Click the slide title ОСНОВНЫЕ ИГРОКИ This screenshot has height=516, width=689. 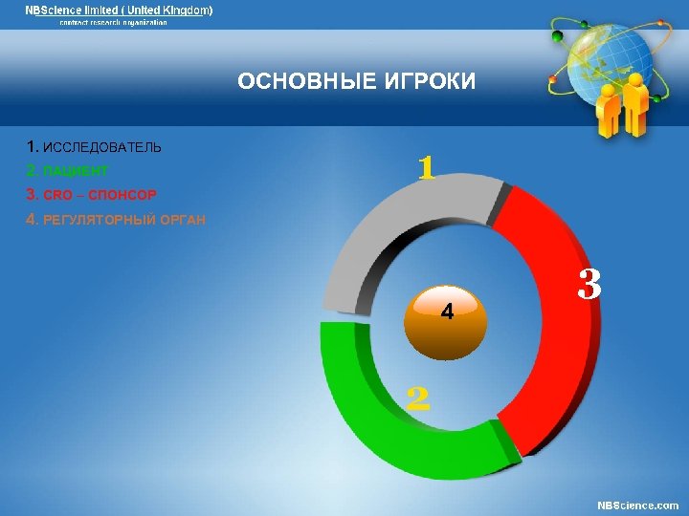coord(356,82)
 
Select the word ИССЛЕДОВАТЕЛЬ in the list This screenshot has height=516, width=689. coord(102,148)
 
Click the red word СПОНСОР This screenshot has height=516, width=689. coord(122,195)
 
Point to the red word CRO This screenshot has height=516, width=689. coord(57,195)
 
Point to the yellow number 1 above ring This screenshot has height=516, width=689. coord(427,169)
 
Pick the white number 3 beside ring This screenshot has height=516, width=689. coord(589,284)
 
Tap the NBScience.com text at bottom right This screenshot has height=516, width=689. coord(637,505)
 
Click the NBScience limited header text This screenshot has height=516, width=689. coord(119,10)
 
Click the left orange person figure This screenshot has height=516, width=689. coord(609,110)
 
